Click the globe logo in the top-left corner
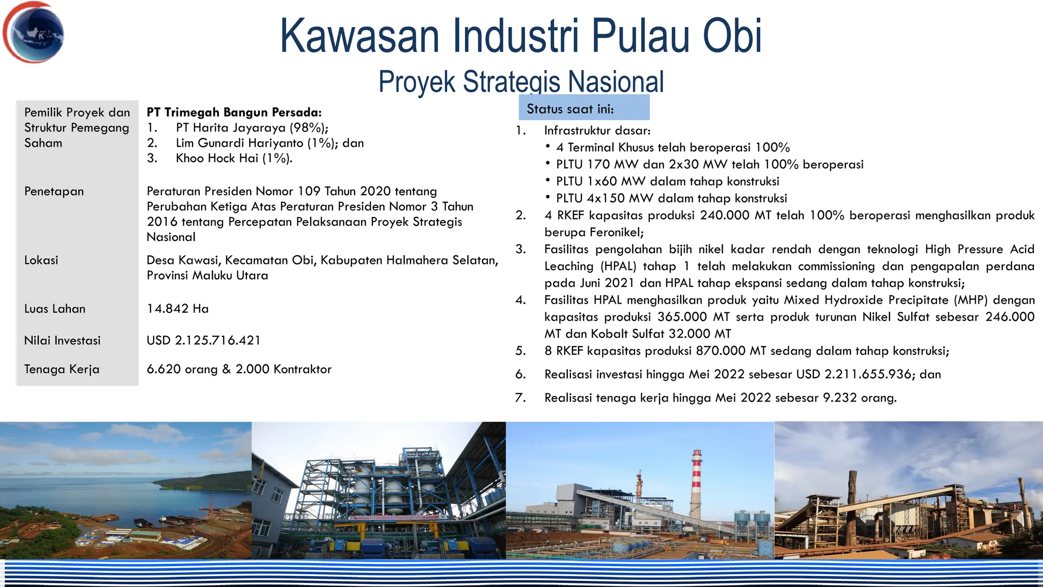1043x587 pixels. [x=34, y=33]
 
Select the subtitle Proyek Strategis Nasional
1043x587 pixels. [x=521, y=82]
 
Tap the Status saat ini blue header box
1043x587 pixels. [x=584, y=108]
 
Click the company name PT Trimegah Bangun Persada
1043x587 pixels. [x=234, y=113]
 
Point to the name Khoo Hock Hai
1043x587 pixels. [x=217, y=158]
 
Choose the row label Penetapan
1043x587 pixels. [x=54, y=192]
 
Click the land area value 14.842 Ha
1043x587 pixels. [x=177, y=309]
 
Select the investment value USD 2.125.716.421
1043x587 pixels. [x=203, y=340]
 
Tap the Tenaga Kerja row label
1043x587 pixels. [x=62, y=369]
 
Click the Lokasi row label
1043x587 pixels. [x=41, y=260]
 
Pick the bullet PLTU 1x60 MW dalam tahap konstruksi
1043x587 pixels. [x=667, y=181]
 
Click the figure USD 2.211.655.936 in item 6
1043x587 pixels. [x=854, y=375]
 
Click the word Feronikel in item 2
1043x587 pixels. [x=616, y=232]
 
